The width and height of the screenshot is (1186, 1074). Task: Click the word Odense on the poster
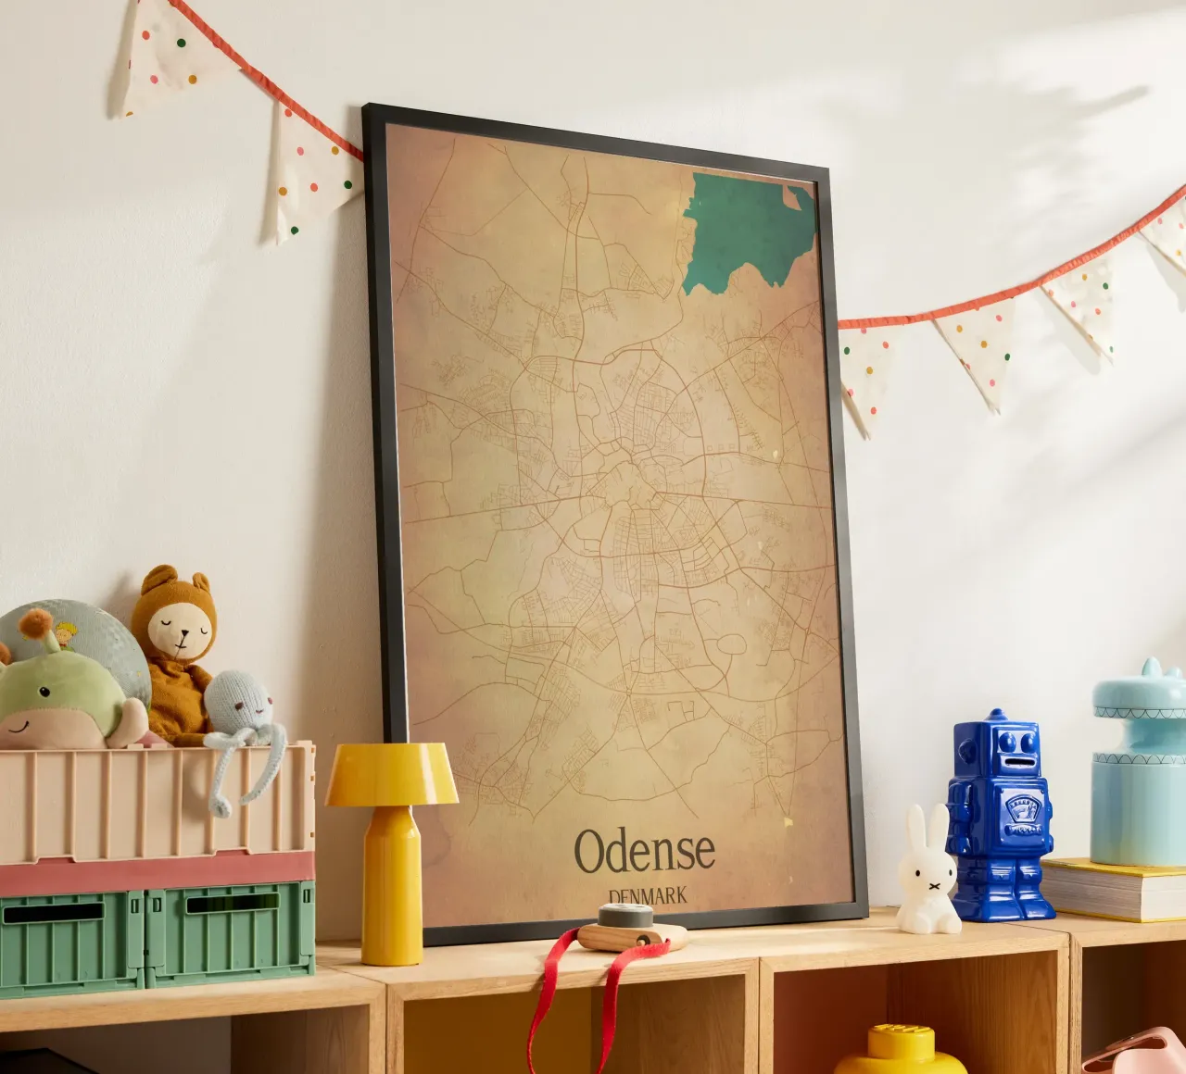click(x=645, y=851)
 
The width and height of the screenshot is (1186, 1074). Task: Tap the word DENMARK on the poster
click(x=648, y=895)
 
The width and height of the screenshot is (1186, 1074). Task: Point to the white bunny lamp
click(x=927, y=874)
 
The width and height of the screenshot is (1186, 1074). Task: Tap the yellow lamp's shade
click(x=391, y=774)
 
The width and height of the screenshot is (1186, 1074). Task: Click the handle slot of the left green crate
click(x=53, y=913)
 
